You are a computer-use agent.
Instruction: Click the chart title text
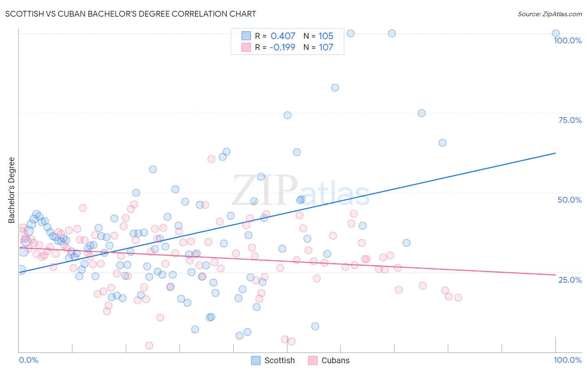[x=131, y=14]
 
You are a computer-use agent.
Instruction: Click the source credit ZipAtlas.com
[x=549, y=14]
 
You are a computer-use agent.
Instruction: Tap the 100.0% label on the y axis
[x=567, y=40]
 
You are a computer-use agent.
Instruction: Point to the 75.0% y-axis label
[x=570, y=120]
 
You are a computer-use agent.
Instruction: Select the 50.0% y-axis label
[x=569, y=200]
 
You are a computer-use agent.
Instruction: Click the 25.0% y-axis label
[x=570, y=280]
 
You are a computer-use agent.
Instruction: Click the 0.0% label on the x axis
[x=28, y=360]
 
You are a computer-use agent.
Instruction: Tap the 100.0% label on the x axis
[x=567, y=360]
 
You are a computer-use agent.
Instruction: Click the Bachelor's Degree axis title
[x=12, y=190]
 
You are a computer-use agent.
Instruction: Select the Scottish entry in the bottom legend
[x=279, y=360]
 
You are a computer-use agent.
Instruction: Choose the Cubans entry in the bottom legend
[x=335, y=360]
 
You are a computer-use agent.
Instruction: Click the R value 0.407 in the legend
[x=283, y=36]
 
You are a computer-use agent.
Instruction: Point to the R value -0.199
[x=282, y=47]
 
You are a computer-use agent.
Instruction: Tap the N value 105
[x=326, y=36]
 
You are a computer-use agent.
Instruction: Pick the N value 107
[x=326, y=47]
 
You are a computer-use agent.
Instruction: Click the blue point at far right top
[x=556, y=33]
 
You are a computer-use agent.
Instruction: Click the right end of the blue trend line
[x=555, y=153]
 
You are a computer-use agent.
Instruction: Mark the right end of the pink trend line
[x=555, y=275]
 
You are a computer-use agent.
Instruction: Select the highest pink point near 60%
[x=211, y=159]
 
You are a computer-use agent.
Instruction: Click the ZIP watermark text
[x=265, y=190]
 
